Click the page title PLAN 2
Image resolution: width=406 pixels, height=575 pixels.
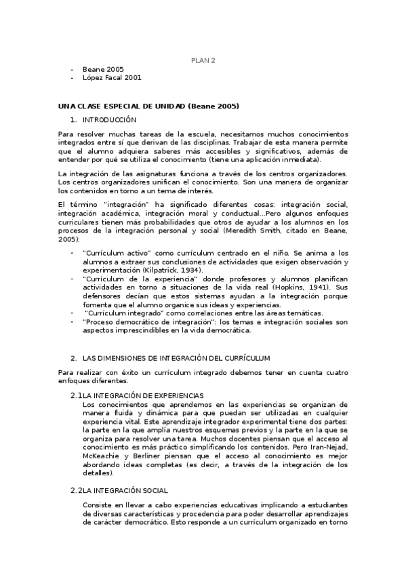click(203, 60)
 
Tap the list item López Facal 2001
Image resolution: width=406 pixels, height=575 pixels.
click(112, 78)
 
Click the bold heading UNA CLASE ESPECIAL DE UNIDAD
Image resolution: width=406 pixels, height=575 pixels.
click(148, 106)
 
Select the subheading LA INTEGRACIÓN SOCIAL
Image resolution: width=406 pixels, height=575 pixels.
click(125, 490)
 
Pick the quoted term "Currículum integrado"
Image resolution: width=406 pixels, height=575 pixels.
click(131, 313)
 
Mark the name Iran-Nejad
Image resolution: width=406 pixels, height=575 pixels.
click(328, 448)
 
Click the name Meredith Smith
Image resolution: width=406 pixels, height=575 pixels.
click(279, 231)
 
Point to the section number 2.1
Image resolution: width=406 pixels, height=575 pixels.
click(76, 395)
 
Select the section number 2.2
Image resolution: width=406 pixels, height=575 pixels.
click(76, 490)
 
